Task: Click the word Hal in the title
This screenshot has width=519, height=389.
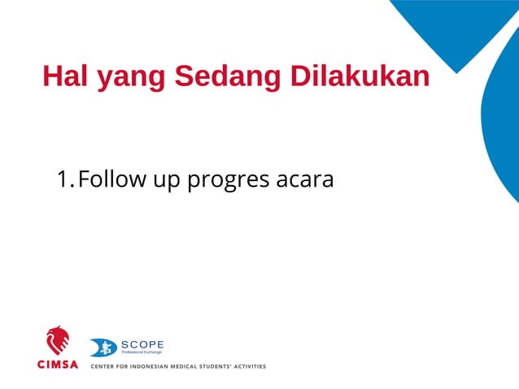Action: click(x=66, y=76)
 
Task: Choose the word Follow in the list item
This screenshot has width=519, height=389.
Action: click(x=111, y=179)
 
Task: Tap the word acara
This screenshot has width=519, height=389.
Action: click(x=305, y=179)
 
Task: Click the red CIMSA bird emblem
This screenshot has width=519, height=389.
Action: click(x=57, y=340)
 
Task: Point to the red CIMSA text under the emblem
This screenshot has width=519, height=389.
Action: click(x=58, y=365)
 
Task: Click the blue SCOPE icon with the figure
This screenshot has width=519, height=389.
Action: click(x=102, y=348)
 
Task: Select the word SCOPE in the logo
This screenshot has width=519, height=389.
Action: click(x=142, y=344)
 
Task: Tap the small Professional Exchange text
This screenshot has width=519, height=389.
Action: click(x=142, y=353)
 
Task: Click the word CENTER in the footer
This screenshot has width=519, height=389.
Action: click(x=104, y=366)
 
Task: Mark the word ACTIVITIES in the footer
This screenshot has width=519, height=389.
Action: click(x=251, y=366)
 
